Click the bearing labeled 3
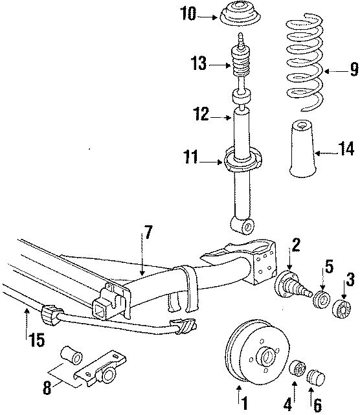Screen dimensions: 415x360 click(339, 307)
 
